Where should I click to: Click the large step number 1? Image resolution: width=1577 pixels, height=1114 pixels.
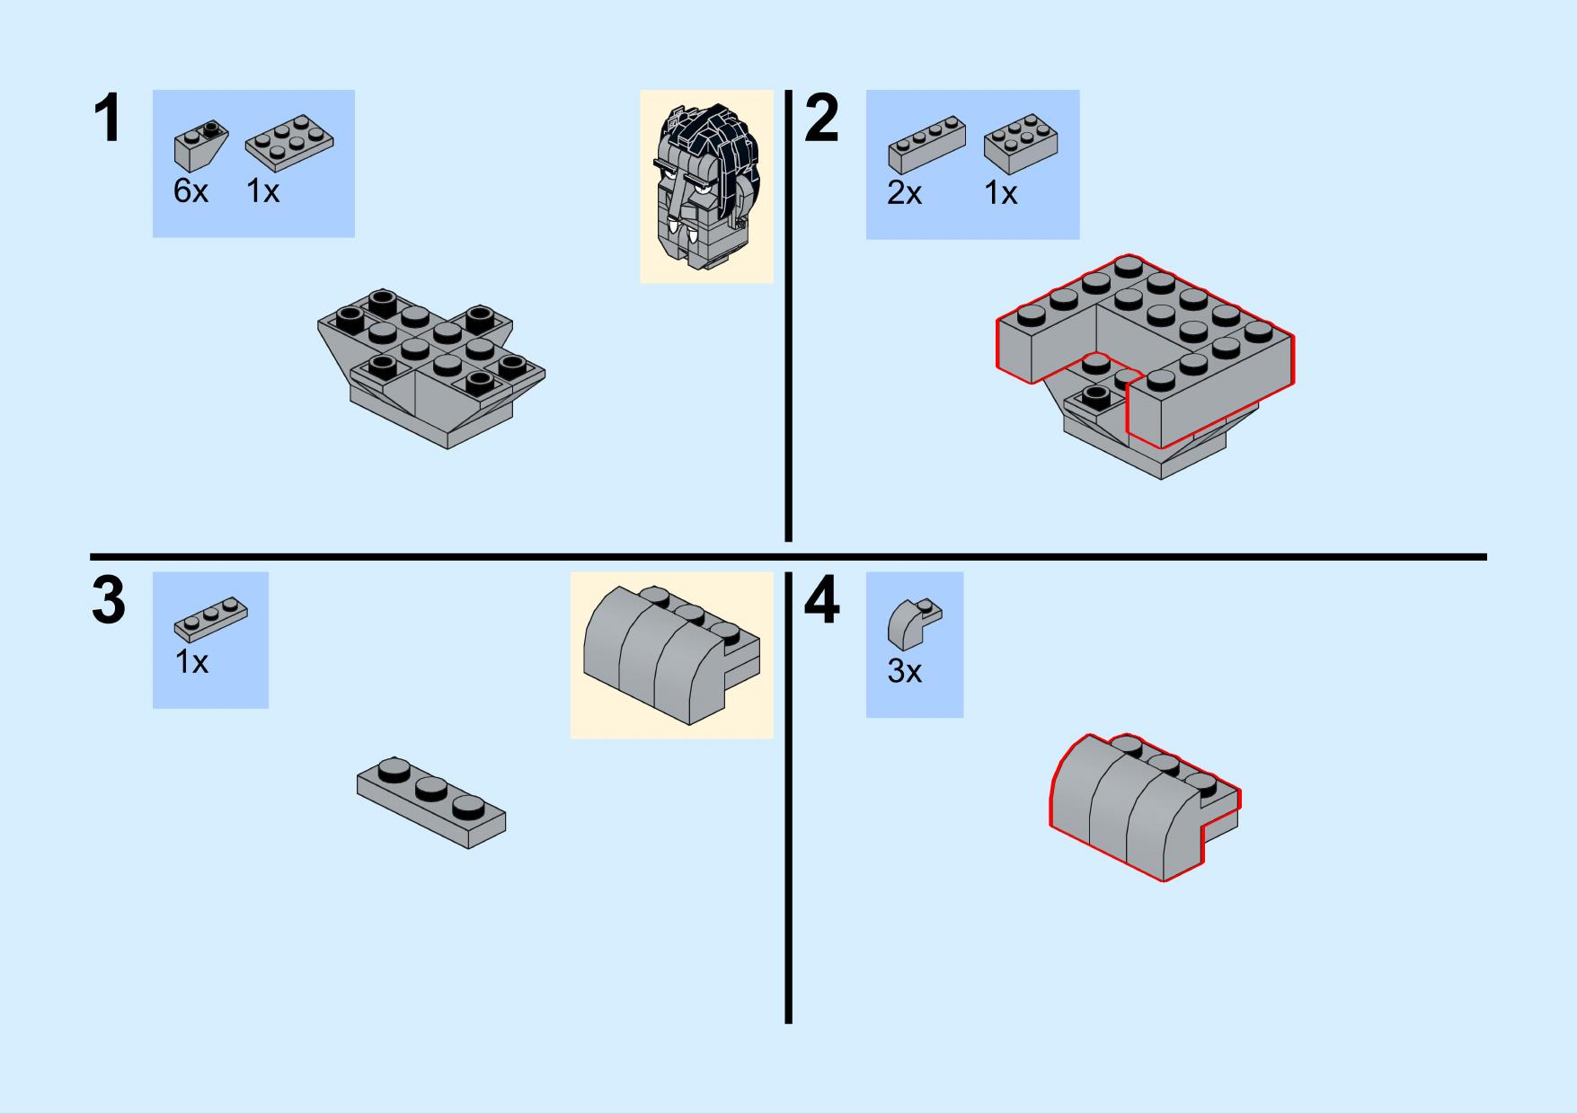click(x=107, y=119)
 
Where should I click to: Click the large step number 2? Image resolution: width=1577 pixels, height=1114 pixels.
click(x=821, y=119)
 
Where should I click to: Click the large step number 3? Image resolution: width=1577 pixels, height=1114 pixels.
click(x=109, y=601)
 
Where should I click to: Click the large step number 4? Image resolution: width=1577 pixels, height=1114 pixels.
click(x=821, y=601)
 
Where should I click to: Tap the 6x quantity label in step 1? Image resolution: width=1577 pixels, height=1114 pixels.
click(x=190, y=191)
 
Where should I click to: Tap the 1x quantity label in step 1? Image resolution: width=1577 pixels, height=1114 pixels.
click(x=263, y=191)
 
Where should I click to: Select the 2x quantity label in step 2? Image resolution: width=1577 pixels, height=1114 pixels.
click(x=904, y=193)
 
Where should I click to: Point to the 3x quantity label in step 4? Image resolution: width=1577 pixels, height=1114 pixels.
click(x=905, y=671)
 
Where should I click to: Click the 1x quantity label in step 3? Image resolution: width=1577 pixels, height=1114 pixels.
click(x=191, y=662)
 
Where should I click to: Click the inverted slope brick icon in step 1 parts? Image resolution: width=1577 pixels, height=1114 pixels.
click(x=199, y=146)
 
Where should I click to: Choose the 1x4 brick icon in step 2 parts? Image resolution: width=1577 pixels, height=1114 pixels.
click(x=926, y=144)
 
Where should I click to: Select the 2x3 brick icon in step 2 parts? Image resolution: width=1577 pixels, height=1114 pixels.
click(x=1021, y=144)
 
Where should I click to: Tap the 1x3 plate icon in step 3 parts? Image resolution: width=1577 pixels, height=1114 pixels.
click(x=211, y=614)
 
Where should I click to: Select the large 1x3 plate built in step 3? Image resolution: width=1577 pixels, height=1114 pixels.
click(x=431, y=803)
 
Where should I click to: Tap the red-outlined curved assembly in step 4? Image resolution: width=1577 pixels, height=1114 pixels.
click(x=1145, y=807)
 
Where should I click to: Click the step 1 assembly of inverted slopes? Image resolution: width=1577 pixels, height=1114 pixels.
click(x=431, y=368)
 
